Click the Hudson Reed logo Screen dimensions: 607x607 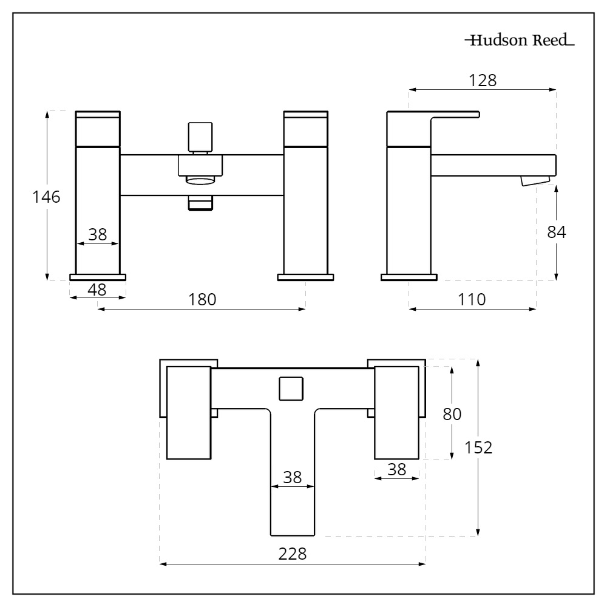[x=519, y=42]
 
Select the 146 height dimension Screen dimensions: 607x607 [x=47, y=197]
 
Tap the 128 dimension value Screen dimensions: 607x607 [x=483, y=80]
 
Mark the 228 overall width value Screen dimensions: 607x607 [x=292, y=554]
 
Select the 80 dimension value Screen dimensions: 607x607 [x=452, y=414]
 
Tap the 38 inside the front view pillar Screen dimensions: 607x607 [x=97, y=234]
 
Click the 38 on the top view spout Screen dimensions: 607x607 [x=293, y=477]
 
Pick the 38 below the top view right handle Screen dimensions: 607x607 [x=396, y=469]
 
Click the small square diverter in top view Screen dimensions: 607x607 [x=291, y=388]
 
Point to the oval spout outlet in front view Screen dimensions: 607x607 [x=200, y=180]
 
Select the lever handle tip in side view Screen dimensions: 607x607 [x=476, y=114]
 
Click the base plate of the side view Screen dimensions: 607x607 [x=409, y=277]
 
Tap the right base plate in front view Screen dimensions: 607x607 [x=305, y=277]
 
